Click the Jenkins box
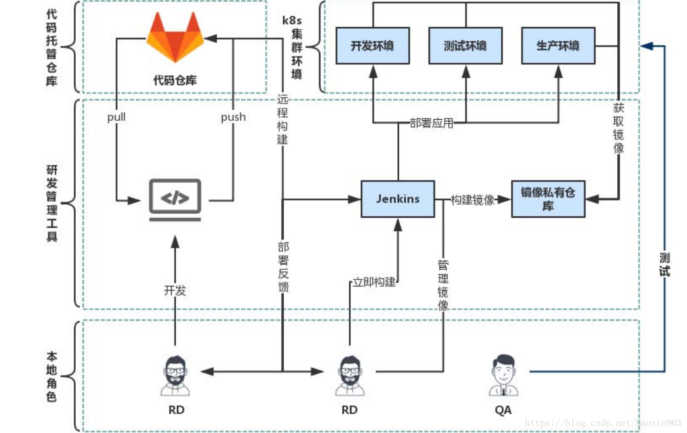tap(397, 199)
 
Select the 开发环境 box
tap(373, 46)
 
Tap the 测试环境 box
tap(465, 46)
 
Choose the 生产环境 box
tap(558, 46)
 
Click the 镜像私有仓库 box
tap(548, 199)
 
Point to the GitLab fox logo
tap(175, 38)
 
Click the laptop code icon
tap(175, 200)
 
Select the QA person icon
tap(503, 375)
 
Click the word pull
tap(116, 117)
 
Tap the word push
tap(233, 117)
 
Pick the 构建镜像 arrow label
tap(472, 200)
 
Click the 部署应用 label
tap(431, 123)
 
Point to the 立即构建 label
tap(374, 282)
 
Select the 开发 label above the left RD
tap(175, 291)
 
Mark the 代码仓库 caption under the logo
tap(175, 80)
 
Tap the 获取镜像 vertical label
tap(618, 128)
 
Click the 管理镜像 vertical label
tap(443, 285)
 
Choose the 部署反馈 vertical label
tap(283, 267)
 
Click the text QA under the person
tap(503, 410)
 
